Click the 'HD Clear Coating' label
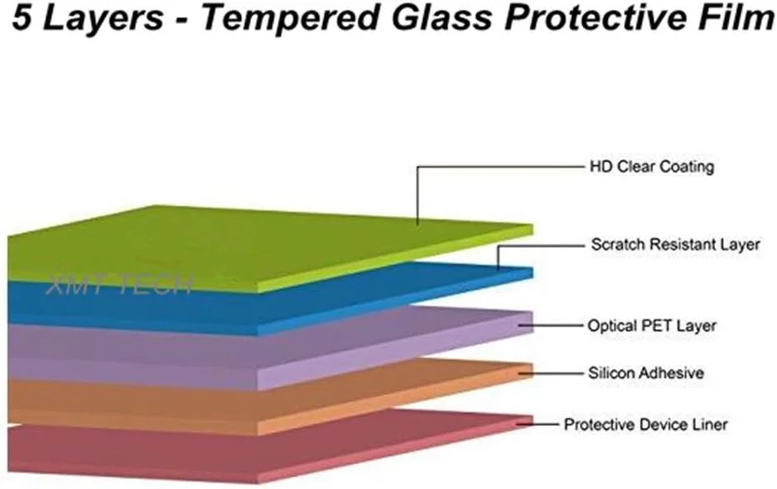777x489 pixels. [652, 167]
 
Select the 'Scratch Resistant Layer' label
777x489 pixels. [675, 244]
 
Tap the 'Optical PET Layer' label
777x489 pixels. [652, 326]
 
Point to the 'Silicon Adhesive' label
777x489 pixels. [645, 373]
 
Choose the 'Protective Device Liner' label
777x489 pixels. [645, 424]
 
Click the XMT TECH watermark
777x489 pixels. [119, 284]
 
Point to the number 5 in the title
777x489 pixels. [22, 17]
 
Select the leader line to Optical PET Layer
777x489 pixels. [551, 326]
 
